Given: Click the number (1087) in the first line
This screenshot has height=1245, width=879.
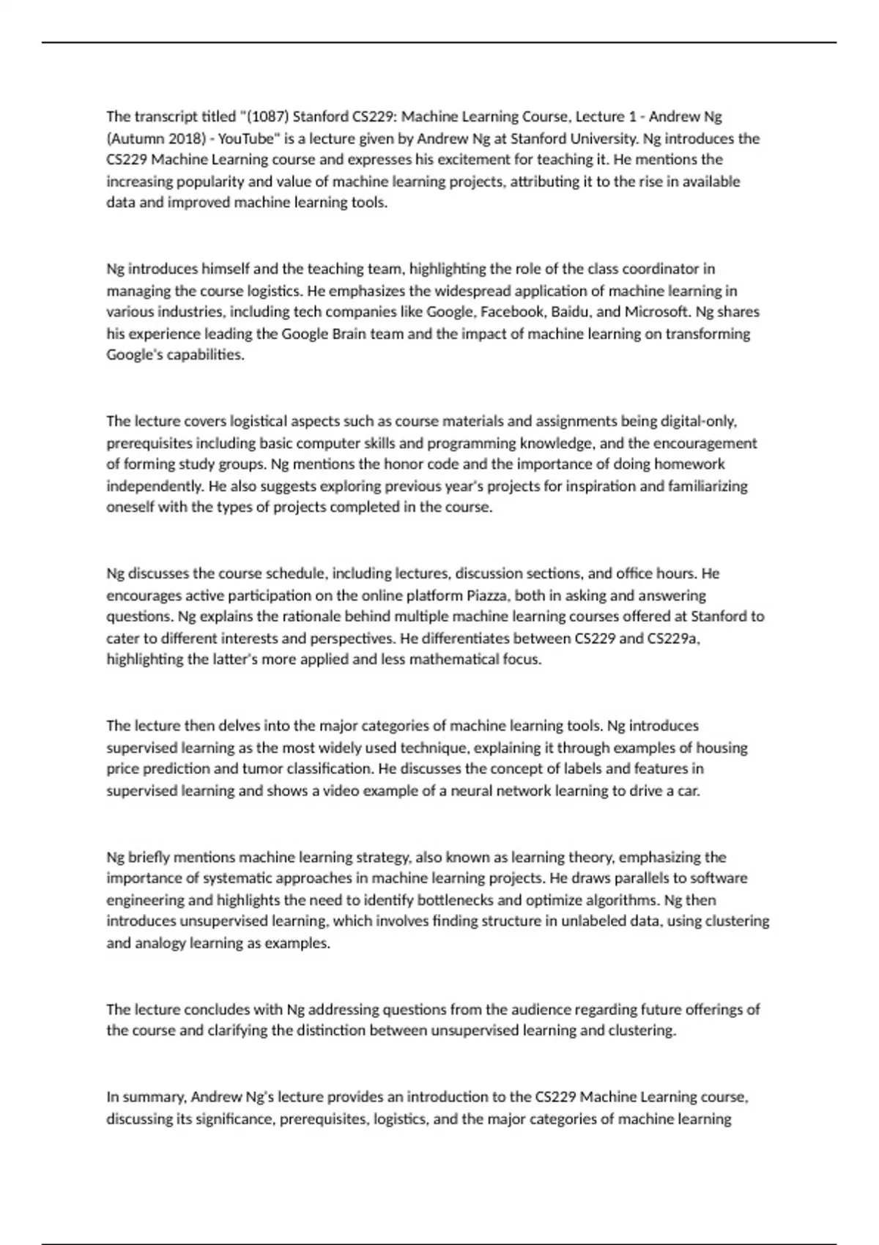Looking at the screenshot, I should [267, 116].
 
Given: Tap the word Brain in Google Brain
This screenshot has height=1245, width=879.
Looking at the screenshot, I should [322, 334].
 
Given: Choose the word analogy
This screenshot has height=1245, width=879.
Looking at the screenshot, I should [161, 943].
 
